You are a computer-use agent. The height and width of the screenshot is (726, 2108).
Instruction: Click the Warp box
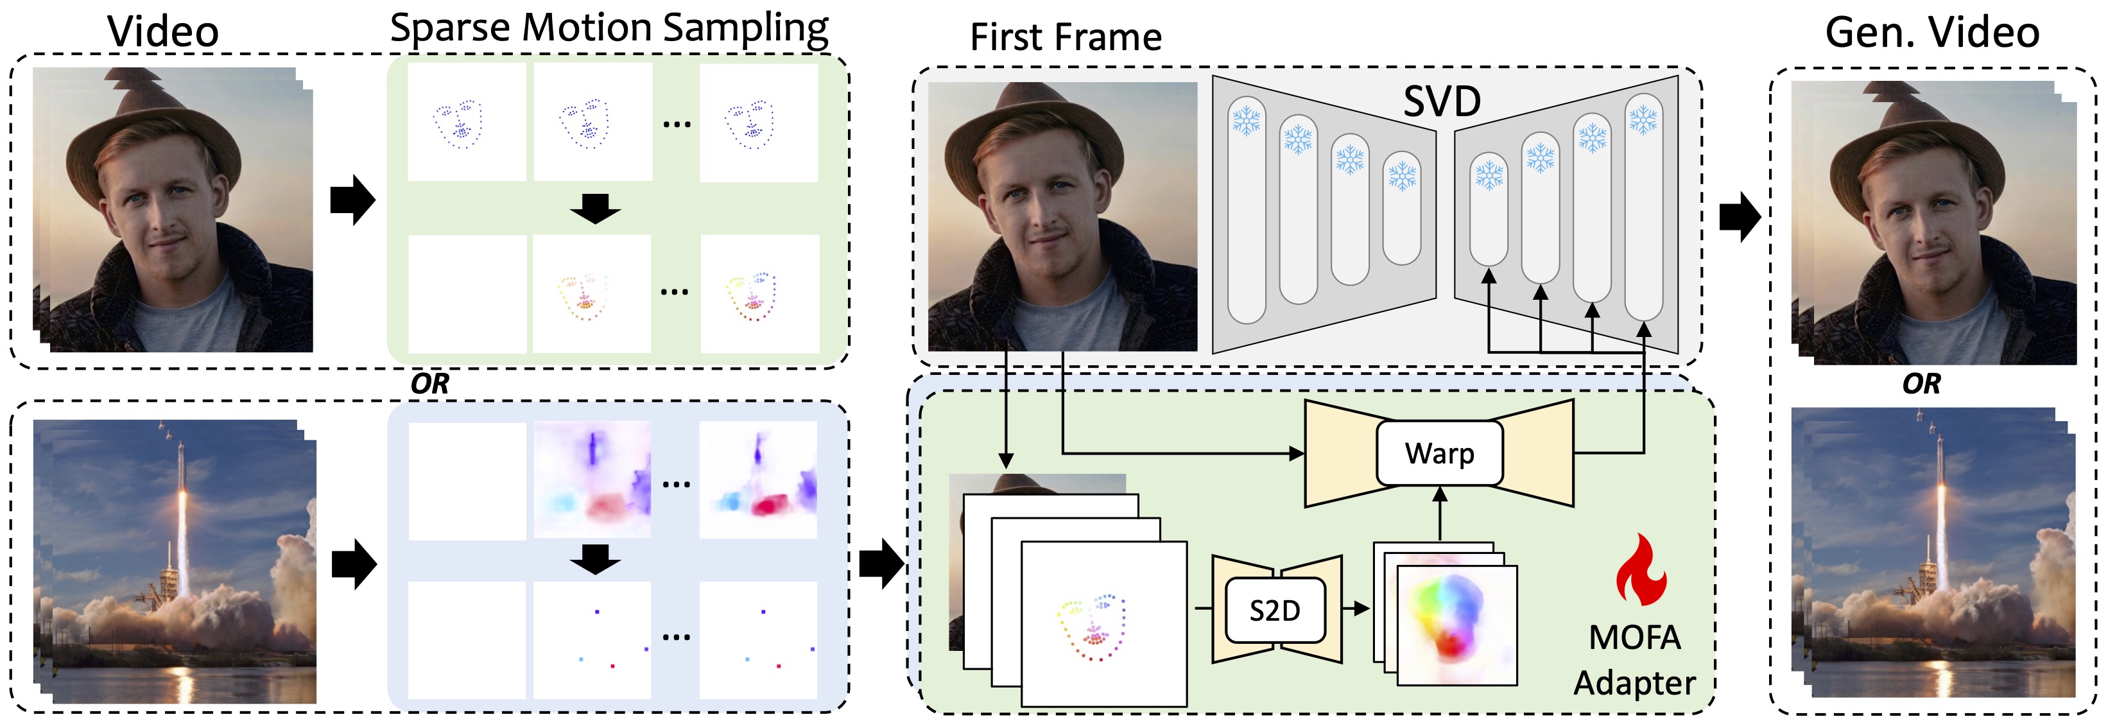coord(1439,453)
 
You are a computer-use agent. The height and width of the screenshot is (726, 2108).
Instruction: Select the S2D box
coord(1274,610)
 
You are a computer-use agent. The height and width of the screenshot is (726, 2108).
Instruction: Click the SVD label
coord(1442,101)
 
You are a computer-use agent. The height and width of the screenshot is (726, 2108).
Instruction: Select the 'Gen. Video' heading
coord(1931,33)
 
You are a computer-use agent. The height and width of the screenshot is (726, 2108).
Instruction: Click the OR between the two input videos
coord(429,384)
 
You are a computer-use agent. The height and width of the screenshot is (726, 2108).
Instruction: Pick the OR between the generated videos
coord(1921,384)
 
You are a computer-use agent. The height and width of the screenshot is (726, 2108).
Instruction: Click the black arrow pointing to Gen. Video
coord(1739,217)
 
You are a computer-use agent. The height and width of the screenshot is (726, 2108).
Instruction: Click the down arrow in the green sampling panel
coord(595,208)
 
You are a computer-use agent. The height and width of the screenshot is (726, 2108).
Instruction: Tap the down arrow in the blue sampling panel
coord(595,559)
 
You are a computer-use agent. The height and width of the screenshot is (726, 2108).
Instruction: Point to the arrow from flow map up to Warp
coord(1440,514)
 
